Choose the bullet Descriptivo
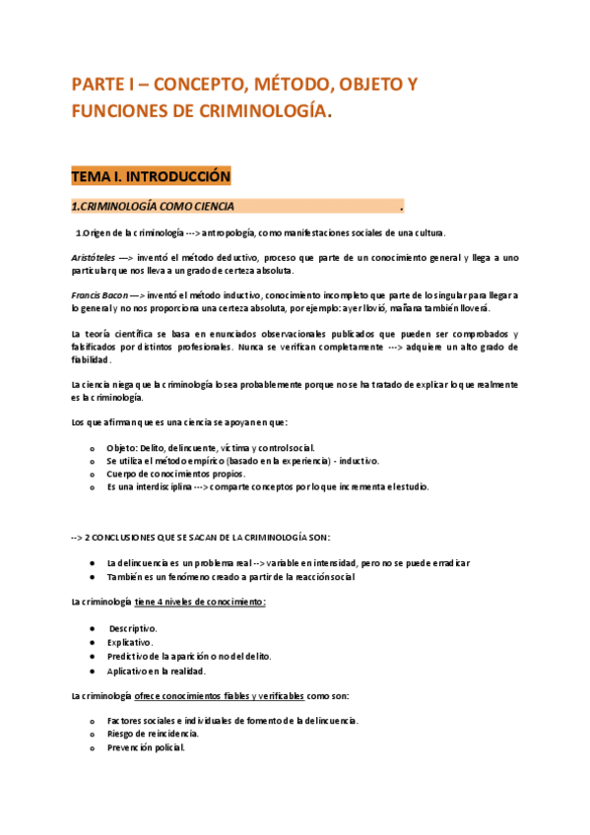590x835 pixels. [133, 627]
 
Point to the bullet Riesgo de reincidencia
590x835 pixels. [153, 734]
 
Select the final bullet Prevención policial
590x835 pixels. [146, 747]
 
